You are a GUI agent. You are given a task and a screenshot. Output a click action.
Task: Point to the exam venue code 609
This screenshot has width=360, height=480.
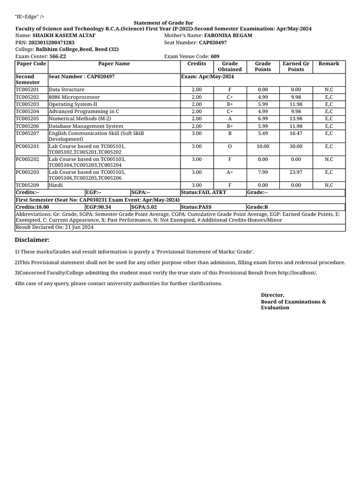click(x=215, y=56)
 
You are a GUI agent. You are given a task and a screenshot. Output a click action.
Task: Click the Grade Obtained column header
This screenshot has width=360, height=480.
click(x=230, y=67)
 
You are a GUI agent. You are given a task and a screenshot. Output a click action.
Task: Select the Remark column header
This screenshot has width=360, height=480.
click(x=329, y=64)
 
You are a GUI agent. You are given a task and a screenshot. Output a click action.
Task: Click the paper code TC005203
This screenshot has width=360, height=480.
click(x=28, y=104)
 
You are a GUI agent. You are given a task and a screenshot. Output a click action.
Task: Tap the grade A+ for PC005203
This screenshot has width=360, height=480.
click(x=230, y=172)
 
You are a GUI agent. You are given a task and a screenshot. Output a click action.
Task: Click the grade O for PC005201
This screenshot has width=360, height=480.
click(x=230, y=146)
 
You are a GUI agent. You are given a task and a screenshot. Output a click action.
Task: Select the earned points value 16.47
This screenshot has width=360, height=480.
click(x=296, y=133)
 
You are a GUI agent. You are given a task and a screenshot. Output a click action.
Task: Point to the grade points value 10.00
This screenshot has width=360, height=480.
click(x=263, y=146)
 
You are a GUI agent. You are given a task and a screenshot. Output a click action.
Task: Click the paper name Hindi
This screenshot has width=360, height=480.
click(x=56, y=185)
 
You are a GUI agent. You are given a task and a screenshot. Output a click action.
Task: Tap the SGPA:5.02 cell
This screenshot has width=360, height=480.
click(x=144, y=207)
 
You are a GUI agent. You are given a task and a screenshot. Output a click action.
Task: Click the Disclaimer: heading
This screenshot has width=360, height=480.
click(x=32, y=240)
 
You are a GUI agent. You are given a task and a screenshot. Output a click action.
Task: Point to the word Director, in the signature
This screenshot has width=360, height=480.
click(x=272, y=295)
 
